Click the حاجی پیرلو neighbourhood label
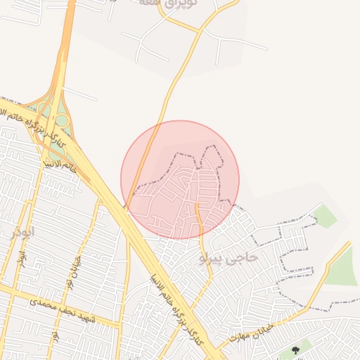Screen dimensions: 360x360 point(229,258)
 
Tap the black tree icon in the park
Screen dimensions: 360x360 point(295,349)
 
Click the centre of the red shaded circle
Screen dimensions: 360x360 point(180,180)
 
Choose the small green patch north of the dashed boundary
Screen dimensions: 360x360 point(325,217)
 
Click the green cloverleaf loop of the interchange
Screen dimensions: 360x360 point(61,120)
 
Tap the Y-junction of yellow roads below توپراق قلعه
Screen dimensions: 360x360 point(200,32)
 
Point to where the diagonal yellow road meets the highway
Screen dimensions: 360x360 point(127,208)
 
